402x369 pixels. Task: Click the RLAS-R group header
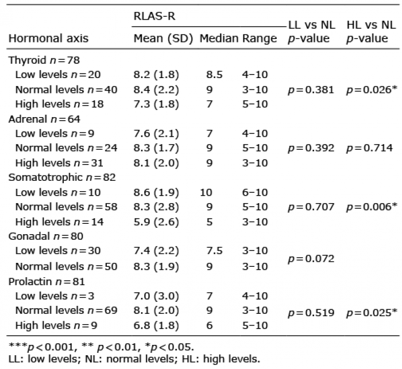pos(154,16)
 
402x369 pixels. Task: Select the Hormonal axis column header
pos(48,38)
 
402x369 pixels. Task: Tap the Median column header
pos(219,38)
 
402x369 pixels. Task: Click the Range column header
pos(260,38)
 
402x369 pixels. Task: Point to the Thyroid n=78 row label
pos(44,60)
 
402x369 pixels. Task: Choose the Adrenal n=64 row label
pos(44,119)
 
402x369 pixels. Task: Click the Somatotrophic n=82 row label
pos(62,177)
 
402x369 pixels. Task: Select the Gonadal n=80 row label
pos(46,236)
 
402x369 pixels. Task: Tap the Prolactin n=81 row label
pos(47,282)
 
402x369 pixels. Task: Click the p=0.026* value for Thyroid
pos(372,90)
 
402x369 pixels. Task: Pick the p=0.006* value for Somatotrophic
pos(372,207)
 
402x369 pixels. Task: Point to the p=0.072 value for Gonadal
pos(311,259)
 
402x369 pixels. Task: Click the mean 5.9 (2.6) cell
pos(156,222)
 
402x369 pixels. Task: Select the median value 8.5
pos(214,75)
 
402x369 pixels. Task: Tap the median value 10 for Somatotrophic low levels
pos(206,192)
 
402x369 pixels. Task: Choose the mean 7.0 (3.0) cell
pos(156,296)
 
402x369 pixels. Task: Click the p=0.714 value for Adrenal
pos(369,148)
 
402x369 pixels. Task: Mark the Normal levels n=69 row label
pos(66,310)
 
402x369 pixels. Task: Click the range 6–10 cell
pos(255,192)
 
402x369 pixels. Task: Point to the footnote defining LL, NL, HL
pos(134,359)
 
